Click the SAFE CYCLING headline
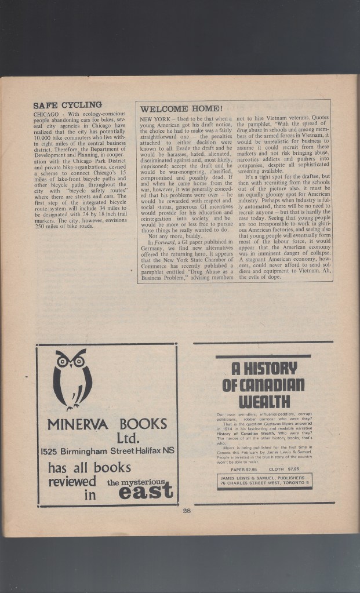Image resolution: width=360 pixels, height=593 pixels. click(x=67, y=105)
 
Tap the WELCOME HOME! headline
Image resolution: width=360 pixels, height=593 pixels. click(x=181, y=108)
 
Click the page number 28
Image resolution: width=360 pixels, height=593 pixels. click(x=187, y=510)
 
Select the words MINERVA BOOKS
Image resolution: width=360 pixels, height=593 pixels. click(x=107, y=424)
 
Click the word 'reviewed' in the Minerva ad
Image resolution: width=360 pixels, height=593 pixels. click(x=72, y=482)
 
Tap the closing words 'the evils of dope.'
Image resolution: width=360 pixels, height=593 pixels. click(x=259, y=277)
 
